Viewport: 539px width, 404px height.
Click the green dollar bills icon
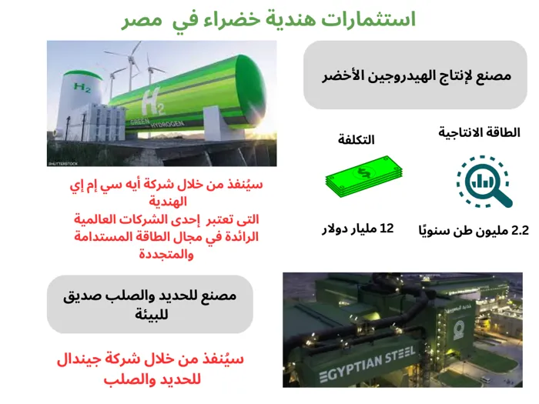(x=363, y=176)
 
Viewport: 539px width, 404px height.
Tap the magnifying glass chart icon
(x=484, y=182)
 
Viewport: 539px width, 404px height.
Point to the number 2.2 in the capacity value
(x=520, y=231)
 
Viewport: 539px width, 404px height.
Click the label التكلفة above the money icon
(x=356, y=139)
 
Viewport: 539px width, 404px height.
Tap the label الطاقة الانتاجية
(x=479, y=132)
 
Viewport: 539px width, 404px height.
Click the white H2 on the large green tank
(x=154, y=102)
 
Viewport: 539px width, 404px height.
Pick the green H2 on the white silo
(x=82, y=88)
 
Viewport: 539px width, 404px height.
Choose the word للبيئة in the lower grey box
(x=151, y=314)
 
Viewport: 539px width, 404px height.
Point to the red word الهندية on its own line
(x=168, y=202)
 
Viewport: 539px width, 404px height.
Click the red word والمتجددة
(x=166, y=255)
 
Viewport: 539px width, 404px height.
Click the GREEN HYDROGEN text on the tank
(x=156, y=122)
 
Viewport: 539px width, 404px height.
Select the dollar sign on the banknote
(x=363, y=172)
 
